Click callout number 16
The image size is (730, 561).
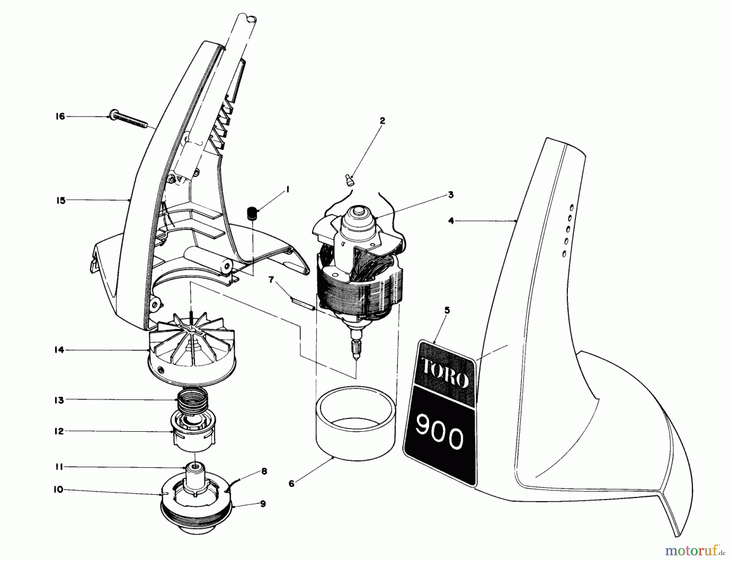(60, 117)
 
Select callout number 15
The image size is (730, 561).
(61, 200)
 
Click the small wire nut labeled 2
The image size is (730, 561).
(349, 179)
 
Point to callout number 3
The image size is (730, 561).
(450, 195)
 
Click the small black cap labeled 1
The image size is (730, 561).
(253, 213)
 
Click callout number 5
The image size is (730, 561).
(447, 311)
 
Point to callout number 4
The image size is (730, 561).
(451, 221)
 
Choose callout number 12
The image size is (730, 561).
(59, 431)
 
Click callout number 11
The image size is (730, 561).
(59, 467)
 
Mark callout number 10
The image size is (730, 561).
(58, 490)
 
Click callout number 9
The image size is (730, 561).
(263, 504)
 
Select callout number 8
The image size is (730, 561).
(264, 472)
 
